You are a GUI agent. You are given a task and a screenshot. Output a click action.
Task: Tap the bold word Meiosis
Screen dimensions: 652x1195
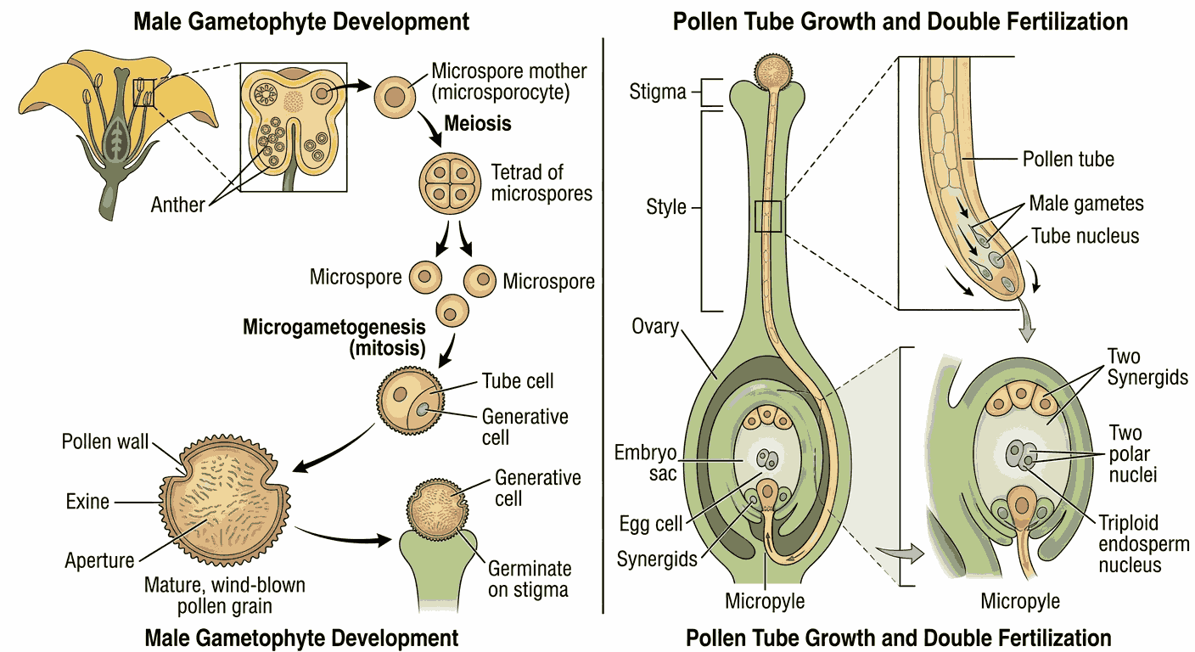(x=478, y=123)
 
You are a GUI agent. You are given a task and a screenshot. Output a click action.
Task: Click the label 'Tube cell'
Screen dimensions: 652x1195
(x=518, y=381)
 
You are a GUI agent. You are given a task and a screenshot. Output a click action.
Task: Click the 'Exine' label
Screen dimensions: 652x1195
(x=87, y=502)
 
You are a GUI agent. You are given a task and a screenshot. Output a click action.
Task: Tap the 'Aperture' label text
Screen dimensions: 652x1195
(x=99, y=560)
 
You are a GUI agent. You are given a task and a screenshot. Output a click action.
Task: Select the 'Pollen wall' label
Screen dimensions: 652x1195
(x=105, y=441)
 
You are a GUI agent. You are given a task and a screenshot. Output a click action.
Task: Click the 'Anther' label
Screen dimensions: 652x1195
(x=177, y=204)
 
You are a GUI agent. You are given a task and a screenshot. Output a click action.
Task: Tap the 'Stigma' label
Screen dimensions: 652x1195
(x=658, y=91)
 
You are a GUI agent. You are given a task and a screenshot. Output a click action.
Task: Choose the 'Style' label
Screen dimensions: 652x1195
(x=666, y=206)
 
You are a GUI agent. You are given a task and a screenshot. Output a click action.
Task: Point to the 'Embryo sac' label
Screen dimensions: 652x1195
(x=646, y=462)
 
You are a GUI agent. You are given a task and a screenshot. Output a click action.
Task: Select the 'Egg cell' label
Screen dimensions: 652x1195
(x=651, y=524)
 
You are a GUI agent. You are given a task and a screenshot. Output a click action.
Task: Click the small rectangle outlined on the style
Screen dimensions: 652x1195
(x=768, y=216)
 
